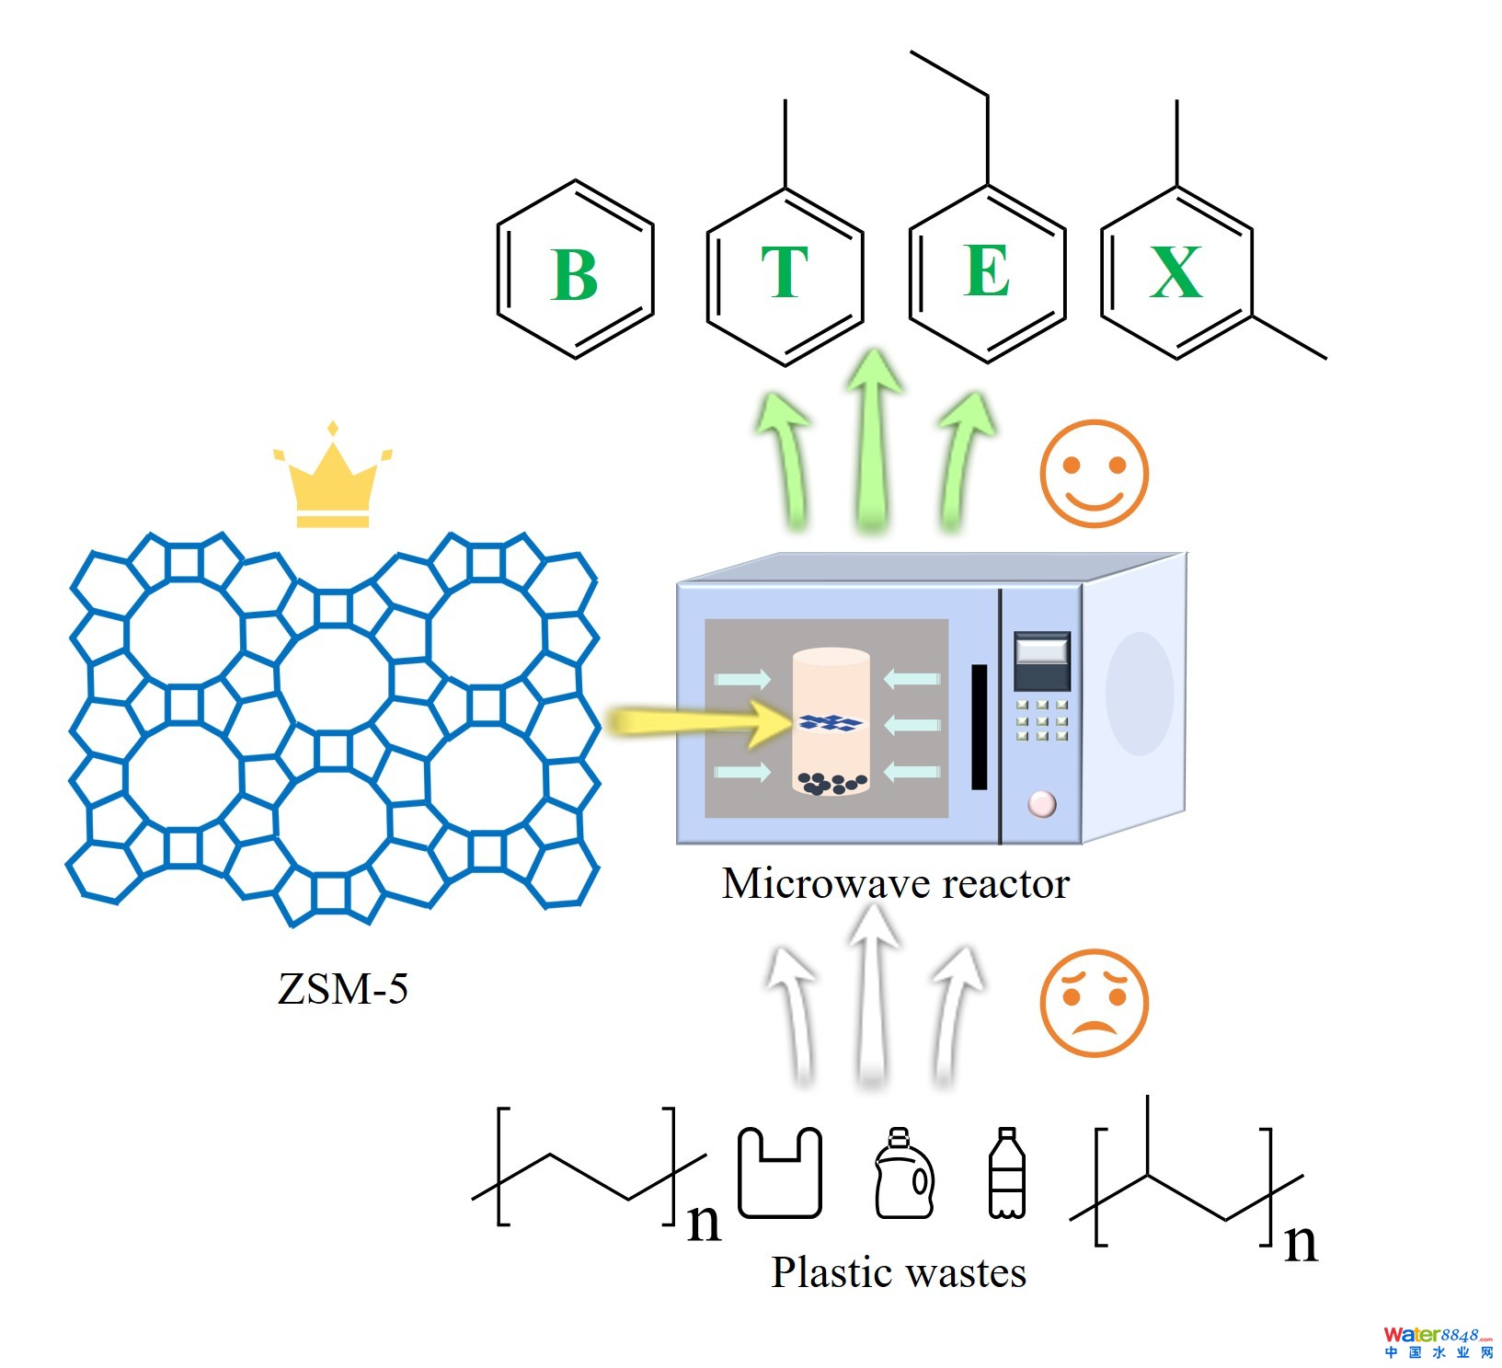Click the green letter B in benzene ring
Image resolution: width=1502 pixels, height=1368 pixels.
coord(575,273)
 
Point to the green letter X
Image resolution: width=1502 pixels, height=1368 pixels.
coord(1175,271)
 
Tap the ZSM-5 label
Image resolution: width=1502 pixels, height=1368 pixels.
coord(342,989)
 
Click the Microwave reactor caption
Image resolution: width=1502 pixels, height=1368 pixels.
coord(895,883)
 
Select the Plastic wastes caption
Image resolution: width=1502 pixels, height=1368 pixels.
coord(898,1272)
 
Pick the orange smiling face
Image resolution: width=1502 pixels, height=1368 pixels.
coord(1094,473)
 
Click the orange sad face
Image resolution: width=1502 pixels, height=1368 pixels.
coord(1094,1002)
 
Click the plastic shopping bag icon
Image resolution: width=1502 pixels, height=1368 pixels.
coord(779,1172)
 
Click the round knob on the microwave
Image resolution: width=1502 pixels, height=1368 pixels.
coord(1041,803)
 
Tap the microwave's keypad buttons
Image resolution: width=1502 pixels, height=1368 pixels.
coord(1041,720)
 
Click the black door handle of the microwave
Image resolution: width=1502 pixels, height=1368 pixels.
coord(980,727)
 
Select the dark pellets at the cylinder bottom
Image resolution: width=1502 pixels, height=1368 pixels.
coord(831,783)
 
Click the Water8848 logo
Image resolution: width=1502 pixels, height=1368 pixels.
coord(1438,1342)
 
